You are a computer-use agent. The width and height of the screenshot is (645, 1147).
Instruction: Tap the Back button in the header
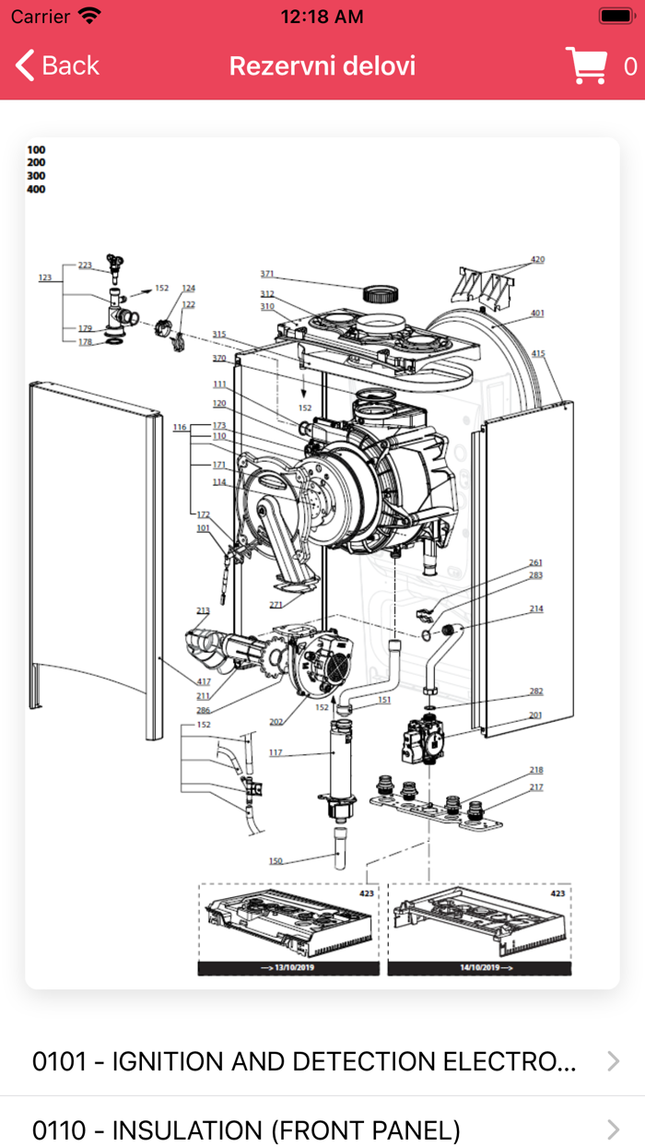pos(57,65)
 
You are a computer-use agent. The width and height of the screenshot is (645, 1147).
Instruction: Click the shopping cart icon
pos(586,65)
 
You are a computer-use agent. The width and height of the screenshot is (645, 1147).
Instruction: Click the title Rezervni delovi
pos(322,65)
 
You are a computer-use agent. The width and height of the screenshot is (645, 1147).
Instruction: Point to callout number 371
pos(267,274)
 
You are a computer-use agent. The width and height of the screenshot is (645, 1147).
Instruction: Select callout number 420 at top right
pos(537,259)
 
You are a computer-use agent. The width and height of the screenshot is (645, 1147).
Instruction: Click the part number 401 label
pos(537,313)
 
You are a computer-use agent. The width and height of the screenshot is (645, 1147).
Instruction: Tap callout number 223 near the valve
pos(85,266)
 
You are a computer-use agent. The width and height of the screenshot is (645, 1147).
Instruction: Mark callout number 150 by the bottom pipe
pos(276,861)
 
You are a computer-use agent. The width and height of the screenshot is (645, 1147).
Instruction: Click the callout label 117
pos(276,752)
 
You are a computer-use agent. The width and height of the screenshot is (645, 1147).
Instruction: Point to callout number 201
pos(536,715)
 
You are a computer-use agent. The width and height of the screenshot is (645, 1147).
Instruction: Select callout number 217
pos(536,787)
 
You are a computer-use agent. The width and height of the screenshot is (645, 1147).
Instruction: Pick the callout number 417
pos(203,682)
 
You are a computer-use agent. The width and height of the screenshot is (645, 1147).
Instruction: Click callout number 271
pos(276,605)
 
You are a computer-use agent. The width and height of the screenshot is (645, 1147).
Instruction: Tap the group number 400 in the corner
pos(36,189)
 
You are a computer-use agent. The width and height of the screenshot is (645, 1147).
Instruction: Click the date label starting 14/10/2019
pos(479,968)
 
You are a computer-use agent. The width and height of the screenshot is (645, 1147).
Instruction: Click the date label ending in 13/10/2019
pos(288,968)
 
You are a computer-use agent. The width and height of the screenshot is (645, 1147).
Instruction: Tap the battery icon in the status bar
pos(616,17)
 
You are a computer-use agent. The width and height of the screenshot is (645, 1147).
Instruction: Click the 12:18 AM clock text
pos(322,17)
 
